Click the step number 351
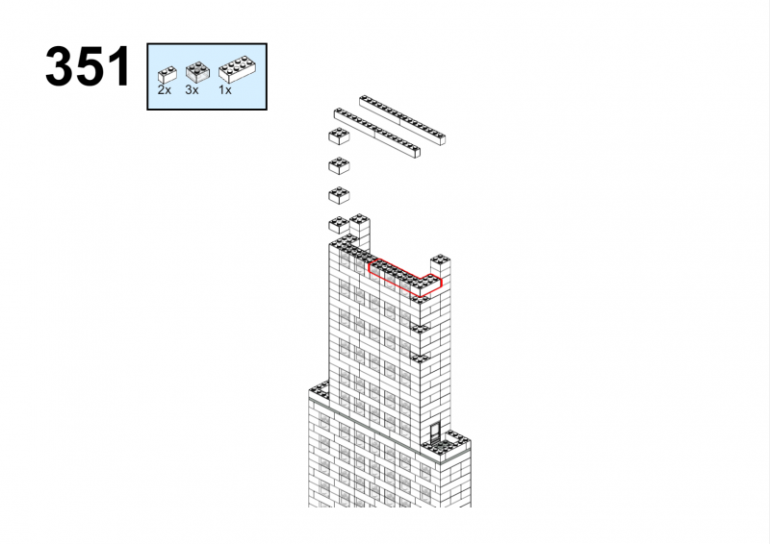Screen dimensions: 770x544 pyautogui.click(x=88, y=66)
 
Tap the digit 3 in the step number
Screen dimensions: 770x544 pyautogui.click(x=60, y=66)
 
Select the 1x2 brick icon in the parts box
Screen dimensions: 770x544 pyautogui.click(x=167, y=74)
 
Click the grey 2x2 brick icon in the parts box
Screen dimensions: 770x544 pyautogui.click(x=197, y=71)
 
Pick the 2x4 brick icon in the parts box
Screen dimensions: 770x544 pyautogui.click(x=237, y=69)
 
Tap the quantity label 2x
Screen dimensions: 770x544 pyautogui.click(x=164, y=90)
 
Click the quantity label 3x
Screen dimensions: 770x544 pyautogui.click(x=192, y=90)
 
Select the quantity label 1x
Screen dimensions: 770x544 pyautogui.click(x=225, y=90)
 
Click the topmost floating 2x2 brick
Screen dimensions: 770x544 pyautogui.click(x=339, y=136)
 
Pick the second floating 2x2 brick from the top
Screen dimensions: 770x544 pyautogui.click(x=339, y=166)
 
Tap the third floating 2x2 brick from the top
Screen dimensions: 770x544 pyautogui.click(x=339, y=195)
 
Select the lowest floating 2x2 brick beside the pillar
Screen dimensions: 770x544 pyautogui.click(x=339, y=225)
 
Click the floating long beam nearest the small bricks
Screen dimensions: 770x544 pyautogui.click(x=377, y=134)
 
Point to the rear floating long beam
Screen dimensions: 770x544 pyautogui.click(x=402, y=120)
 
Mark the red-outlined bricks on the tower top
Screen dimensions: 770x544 pyautogui.click(x=405, y=278)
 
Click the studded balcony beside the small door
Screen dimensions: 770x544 pyautogui.click(x=447, y=445)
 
